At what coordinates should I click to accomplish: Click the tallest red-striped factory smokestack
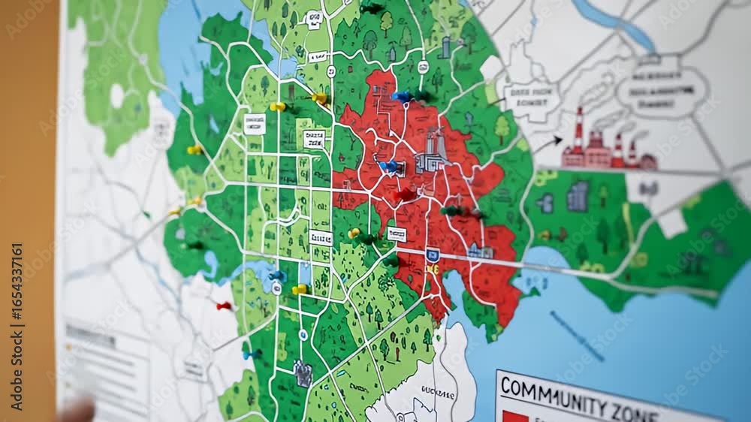click(578, 132)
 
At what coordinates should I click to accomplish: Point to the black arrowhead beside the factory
click(556, 140)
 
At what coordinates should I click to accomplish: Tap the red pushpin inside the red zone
click(406, 194)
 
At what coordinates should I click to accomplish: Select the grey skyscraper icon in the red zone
click(433, 151)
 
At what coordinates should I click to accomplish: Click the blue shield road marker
click(432, 255)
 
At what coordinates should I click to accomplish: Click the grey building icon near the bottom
click(303, 373)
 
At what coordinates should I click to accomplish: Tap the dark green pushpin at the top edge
click(371, 8)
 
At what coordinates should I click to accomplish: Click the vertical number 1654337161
click(17, 309)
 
